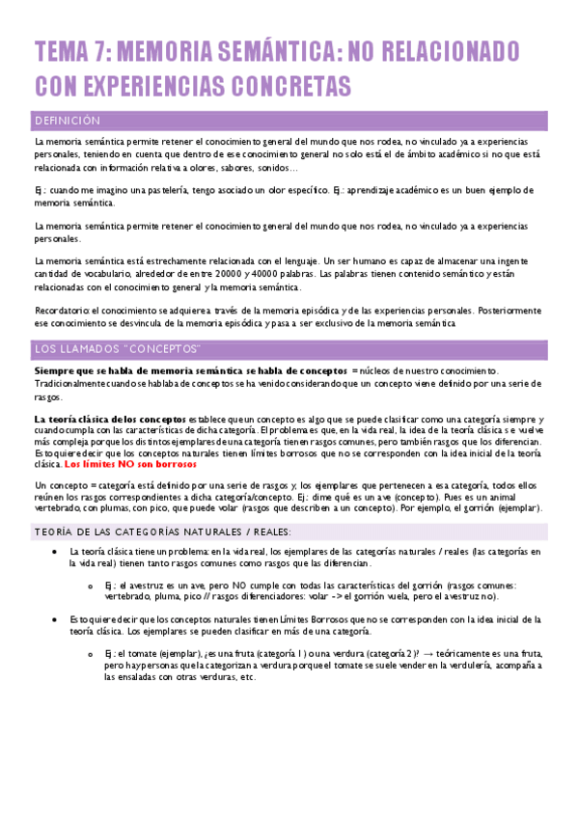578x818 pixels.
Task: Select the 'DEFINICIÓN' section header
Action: (x=67, y=122)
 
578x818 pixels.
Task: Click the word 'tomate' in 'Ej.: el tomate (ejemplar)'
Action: (x=144, y=653)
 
